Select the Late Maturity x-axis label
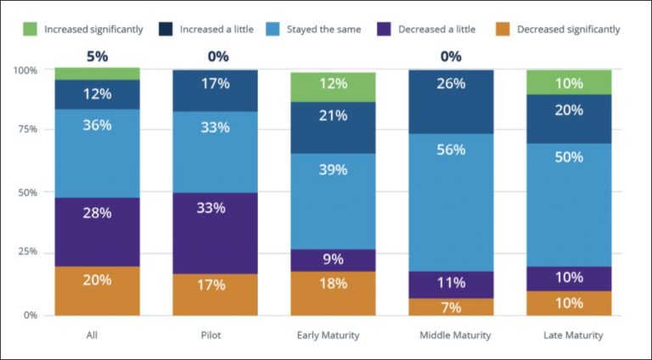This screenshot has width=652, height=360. tap(573, 335)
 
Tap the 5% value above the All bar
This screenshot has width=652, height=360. tap(98, 58)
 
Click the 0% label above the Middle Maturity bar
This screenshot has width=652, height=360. tap(451, 58)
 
